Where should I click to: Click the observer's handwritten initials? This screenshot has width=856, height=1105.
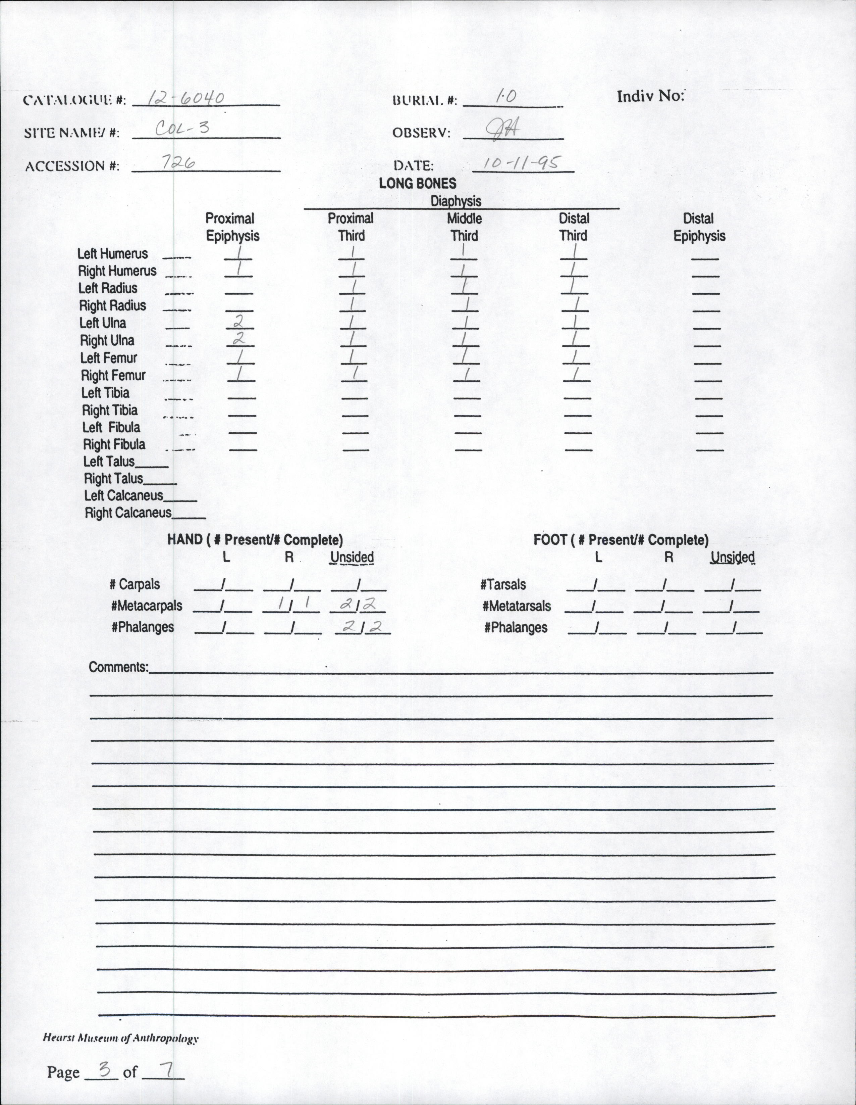click(x=500, y=130)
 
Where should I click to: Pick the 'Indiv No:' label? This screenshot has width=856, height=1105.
click(x=650, y=96)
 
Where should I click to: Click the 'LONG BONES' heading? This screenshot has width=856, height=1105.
click(x=418, y=183)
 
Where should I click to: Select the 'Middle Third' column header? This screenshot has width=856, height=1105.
click(x=464, y=227)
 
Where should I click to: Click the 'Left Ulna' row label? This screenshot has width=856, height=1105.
click(x=103, y=323)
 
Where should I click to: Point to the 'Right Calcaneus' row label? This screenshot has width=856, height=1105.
click(x=128, y=513)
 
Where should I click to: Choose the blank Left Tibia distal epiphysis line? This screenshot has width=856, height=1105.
click(x=708, y=398)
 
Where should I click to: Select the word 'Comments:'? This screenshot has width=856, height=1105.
click(x=118, y=667)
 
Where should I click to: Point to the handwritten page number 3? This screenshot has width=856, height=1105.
click(x=105, y=1069)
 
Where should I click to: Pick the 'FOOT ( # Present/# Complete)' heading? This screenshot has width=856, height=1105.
click(x=621, y=540)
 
